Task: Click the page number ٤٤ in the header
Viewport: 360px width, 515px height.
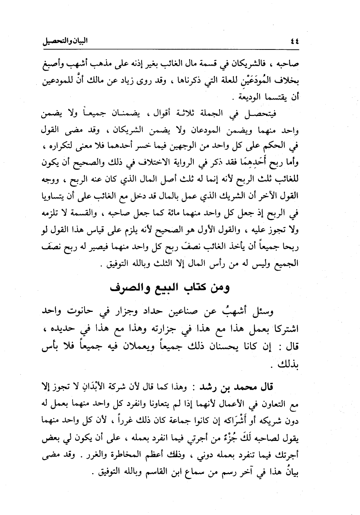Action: point(293,41)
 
